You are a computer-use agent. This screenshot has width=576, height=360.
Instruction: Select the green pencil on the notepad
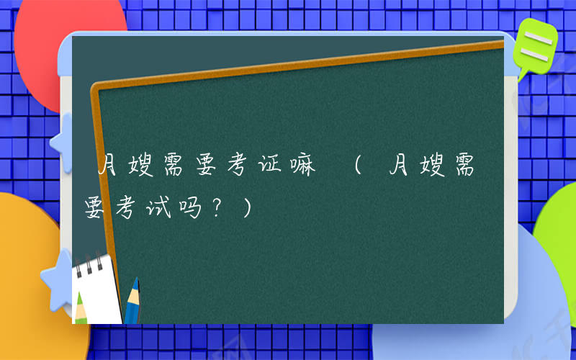(x=81, y=306)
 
